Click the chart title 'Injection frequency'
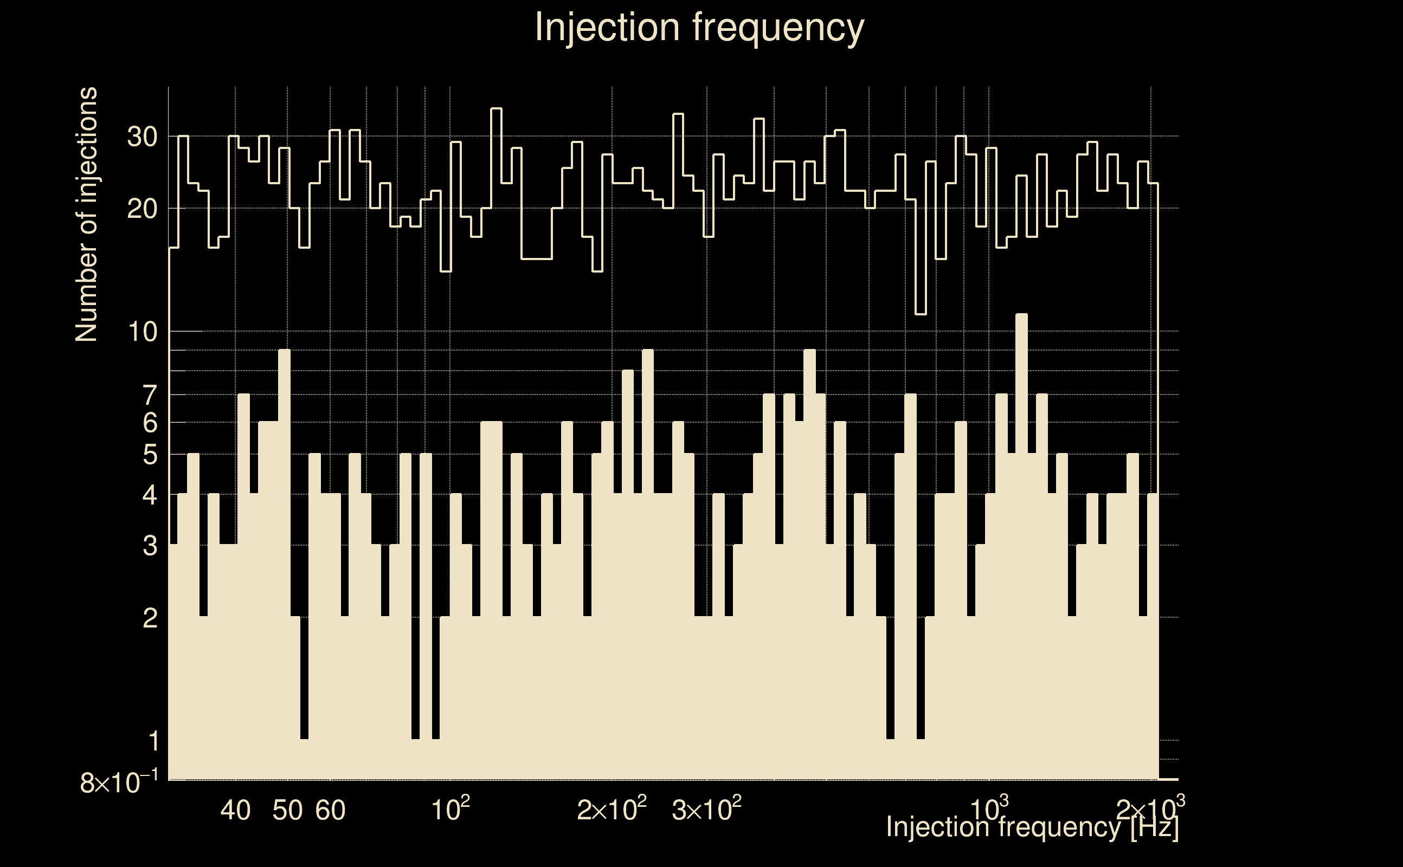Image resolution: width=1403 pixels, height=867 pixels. (699, 28)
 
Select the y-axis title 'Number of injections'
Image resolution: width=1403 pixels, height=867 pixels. (86, 215)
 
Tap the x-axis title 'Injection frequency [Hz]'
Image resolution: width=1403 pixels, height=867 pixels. (1032, 827)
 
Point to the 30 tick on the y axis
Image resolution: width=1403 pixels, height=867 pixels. (142, 137)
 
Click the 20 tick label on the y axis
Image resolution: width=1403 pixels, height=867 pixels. (142, 209)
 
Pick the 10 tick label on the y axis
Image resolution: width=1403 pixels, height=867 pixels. (142, 332)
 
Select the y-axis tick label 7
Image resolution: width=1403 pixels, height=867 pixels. (150, 396)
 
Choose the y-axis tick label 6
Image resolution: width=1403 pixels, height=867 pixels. (150, 423)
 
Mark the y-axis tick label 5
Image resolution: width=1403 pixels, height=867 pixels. (150, 455)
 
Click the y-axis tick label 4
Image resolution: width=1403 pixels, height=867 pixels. (150, 495)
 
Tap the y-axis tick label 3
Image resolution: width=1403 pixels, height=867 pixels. (150, 546)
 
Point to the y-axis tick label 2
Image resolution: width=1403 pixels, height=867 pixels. (150, 618)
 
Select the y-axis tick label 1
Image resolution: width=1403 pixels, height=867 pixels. (153, 741)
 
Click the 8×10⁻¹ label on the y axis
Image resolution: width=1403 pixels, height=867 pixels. (119, 782)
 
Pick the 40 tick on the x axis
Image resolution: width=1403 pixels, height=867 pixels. (236, 810)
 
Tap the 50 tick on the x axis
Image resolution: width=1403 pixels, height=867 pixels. (287, 810)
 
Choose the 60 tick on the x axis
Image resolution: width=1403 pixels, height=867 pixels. (330, 810)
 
